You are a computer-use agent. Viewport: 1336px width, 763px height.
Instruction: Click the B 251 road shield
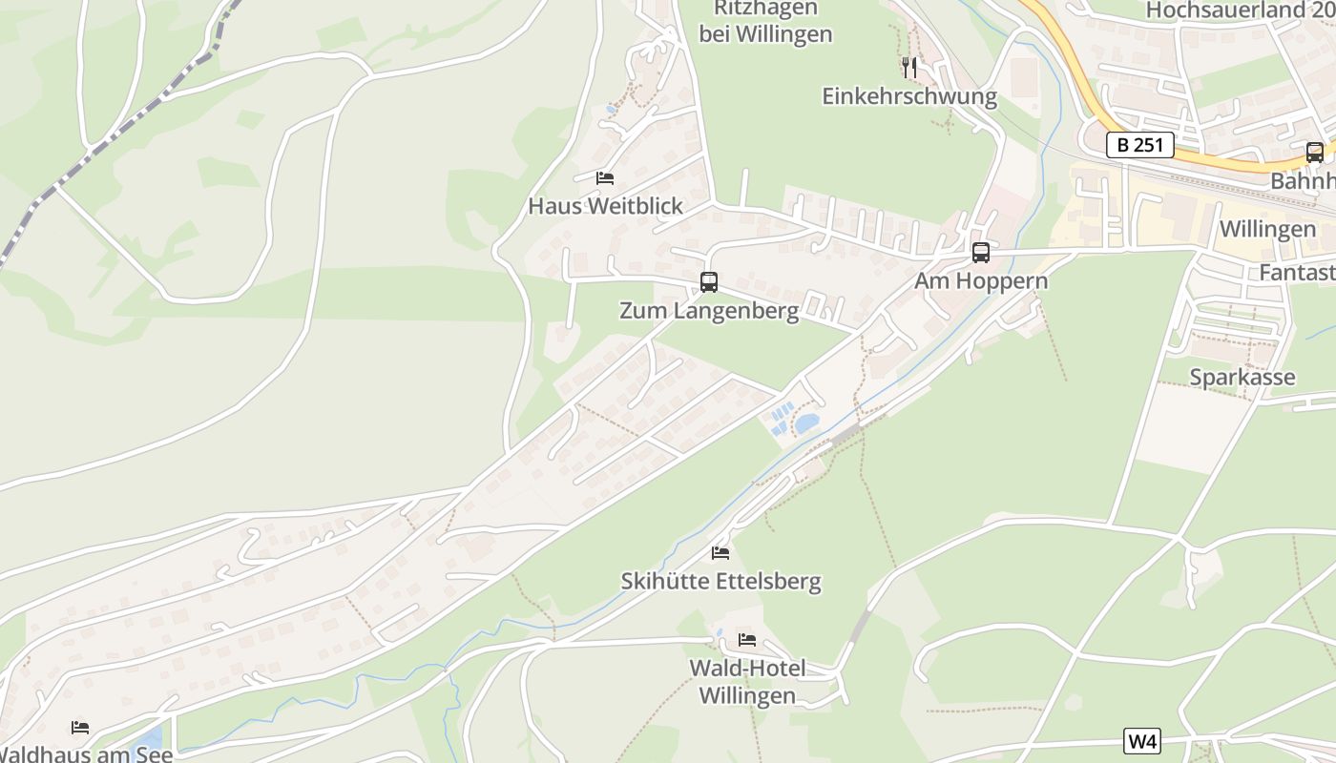[x=1139, y=145]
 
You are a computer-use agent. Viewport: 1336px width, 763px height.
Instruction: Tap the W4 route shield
[x=1142, y=741]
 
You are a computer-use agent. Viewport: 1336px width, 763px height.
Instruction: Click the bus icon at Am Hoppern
[x=980, y=253]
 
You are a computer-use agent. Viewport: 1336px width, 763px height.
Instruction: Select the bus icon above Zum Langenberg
[x=708, y=282]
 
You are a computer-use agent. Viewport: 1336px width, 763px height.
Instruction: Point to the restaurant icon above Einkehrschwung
[x=908, y=67]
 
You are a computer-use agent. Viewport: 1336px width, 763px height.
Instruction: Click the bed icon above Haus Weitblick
[x=604, y=177]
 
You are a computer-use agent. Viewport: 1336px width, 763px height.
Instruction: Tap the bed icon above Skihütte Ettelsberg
[x=720, y=552]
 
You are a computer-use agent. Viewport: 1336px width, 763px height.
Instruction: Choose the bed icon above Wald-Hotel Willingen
[x=747, y=639]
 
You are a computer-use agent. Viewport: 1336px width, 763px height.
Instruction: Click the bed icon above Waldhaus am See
[x=80, y=728]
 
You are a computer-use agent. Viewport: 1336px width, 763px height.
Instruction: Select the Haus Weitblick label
[x=605, y=206]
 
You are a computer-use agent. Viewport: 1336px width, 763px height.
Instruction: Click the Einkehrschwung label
[x=908, y=96]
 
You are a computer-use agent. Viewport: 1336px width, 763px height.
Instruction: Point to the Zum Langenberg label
[x=709, y=311]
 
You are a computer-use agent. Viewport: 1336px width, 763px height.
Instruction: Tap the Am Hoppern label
[x=981, y=281]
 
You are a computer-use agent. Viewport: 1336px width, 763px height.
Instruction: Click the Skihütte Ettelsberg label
[x=720, y=581]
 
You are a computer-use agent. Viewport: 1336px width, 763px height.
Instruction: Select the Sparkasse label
[x=1242, y=377]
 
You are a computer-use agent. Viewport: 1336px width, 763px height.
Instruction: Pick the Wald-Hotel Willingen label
[x=747, y=682]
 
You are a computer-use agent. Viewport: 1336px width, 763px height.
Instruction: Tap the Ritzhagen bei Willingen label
[x=765, y=21]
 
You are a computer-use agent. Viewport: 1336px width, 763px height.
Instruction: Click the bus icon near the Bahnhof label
[x=1314, y=152]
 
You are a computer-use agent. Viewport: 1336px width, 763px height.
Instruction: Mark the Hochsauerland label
[x=1239, y=10]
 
